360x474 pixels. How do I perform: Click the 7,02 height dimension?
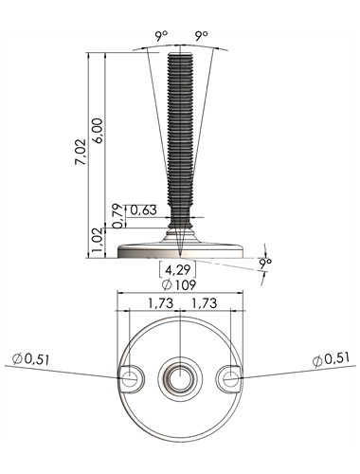(81, 152)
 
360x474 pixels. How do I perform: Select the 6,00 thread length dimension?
(98, 131)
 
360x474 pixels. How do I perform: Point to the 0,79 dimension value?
(118, 216)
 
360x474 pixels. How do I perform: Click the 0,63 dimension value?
(143, 210)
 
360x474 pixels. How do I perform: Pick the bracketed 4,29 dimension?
(178, 269)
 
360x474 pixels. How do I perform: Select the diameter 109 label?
(179, 285)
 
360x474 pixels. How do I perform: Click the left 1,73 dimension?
(161, 303)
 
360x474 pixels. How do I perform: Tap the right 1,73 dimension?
(205, 303)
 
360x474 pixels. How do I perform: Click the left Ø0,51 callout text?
(31, 359)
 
